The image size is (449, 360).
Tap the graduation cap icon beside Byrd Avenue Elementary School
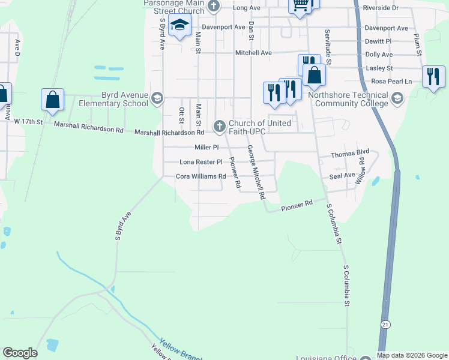(157, 99)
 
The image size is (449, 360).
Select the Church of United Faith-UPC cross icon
(219, 126)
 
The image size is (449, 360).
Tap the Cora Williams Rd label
(200, 176)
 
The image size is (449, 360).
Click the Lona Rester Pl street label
(201, 162)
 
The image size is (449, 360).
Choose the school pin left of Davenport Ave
(179, 26)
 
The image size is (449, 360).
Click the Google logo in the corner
(20, 353)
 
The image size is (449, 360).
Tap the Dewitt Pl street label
(378, 41)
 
